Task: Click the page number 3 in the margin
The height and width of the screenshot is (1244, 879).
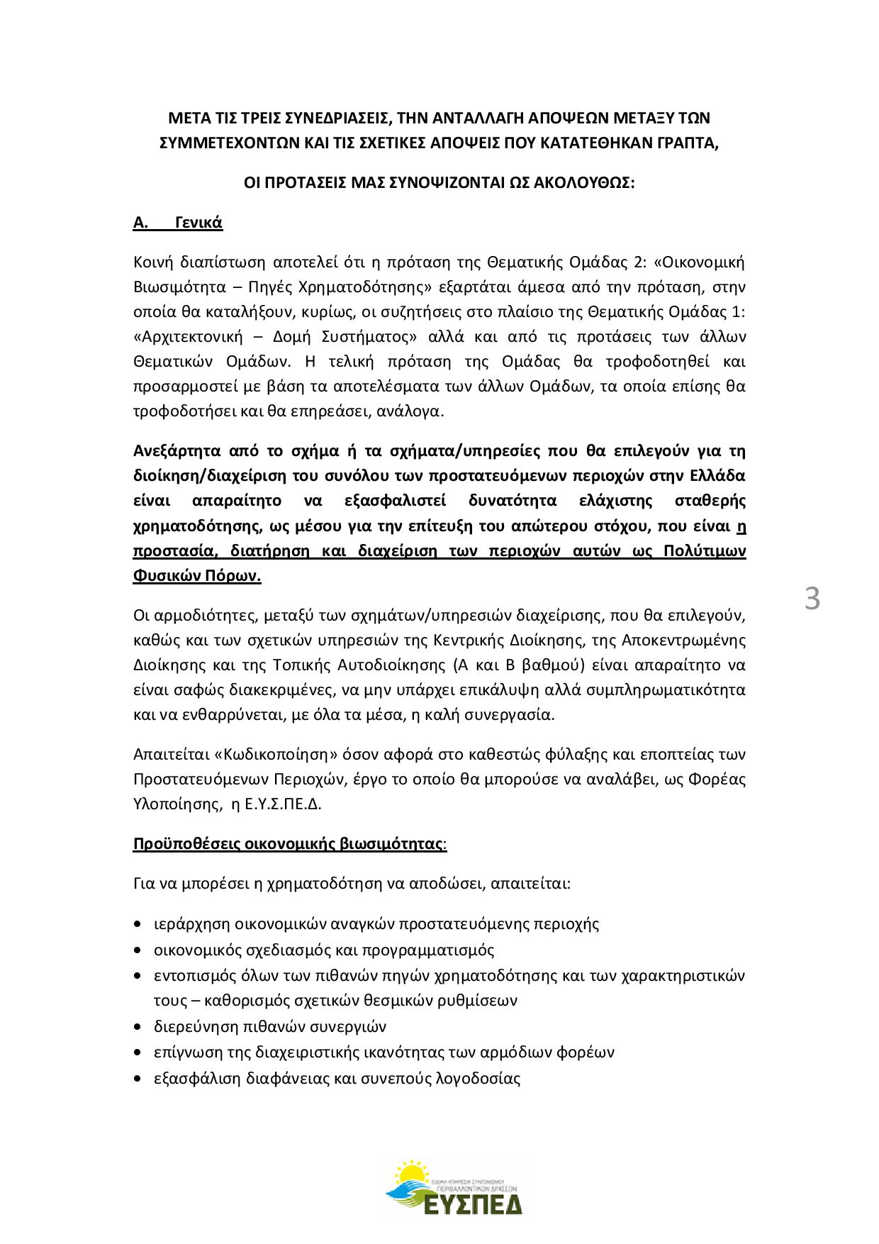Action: click(812, 599)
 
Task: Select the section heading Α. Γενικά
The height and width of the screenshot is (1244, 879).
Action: click(178, 223)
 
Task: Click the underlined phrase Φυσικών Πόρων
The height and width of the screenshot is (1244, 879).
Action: click(197, 577)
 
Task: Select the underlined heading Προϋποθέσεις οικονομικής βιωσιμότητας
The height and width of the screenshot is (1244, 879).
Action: click(289, 844)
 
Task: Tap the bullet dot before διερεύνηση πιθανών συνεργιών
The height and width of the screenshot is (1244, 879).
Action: click(138, 1026)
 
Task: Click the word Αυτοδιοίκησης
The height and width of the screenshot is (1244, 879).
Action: click(397, 666)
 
